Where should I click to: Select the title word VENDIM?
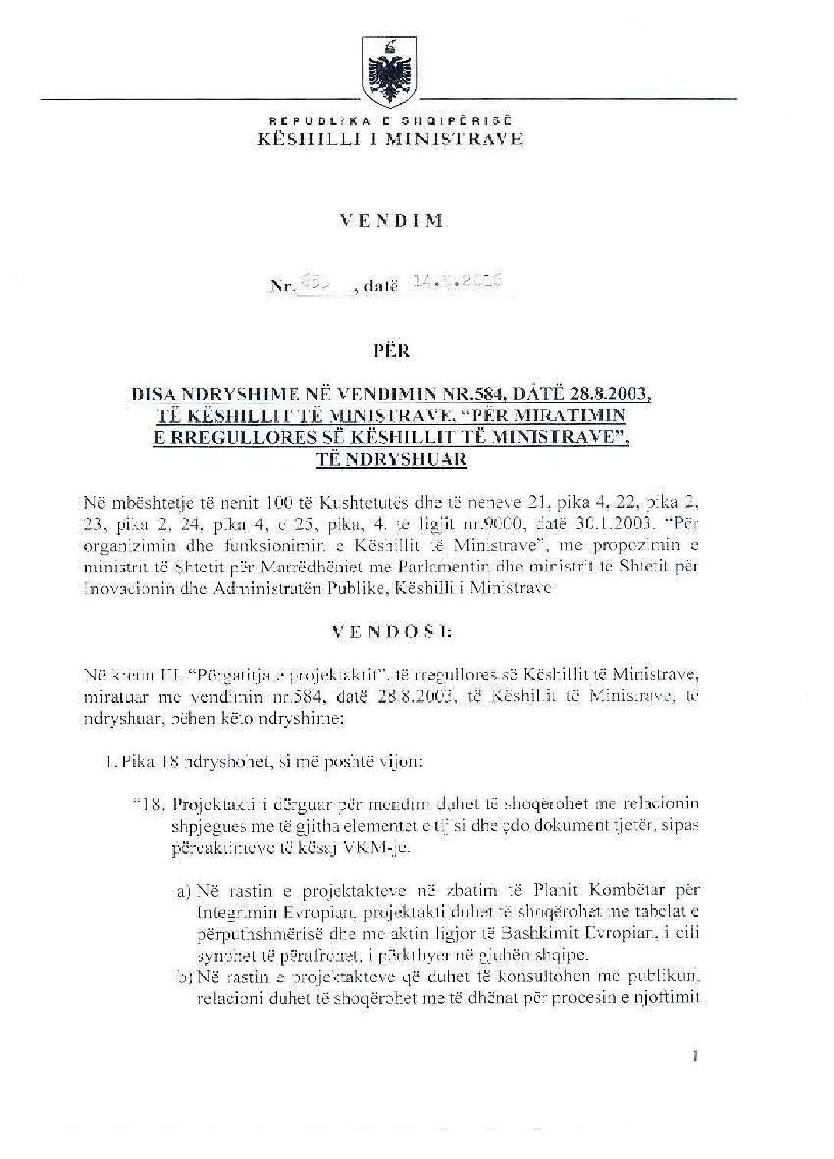tap(391, 222)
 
